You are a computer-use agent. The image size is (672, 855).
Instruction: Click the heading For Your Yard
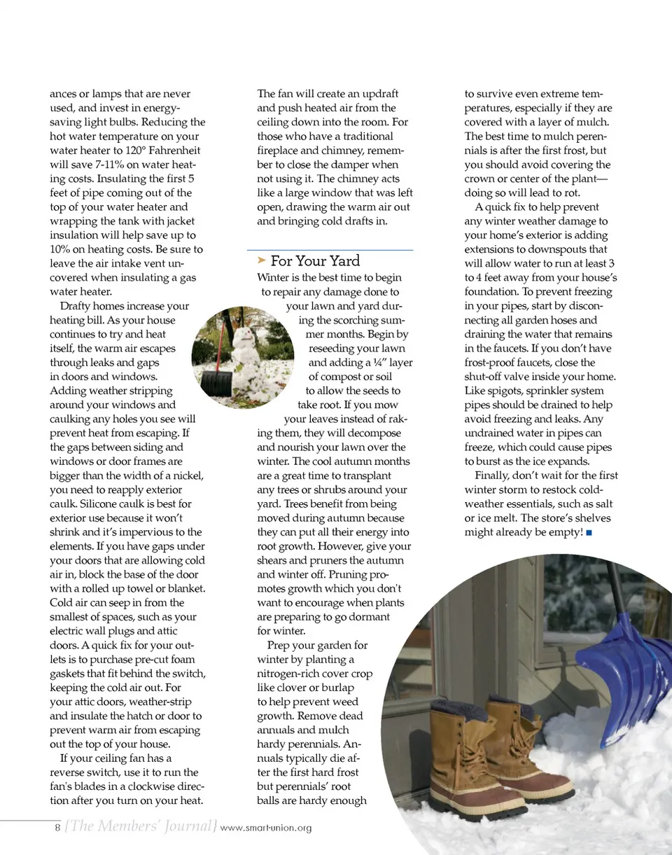click(315, 261)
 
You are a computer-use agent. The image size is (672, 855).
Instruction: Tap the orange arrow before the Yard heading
click(262, 260)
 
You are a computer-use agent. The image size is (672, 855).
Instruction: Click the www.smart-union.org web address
click(266, 828)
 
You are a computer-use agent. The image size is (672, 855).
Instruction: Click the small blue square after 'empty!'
click(589, 533)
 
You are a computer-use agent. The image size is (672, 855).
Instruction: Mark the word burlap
click(339, 688)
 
